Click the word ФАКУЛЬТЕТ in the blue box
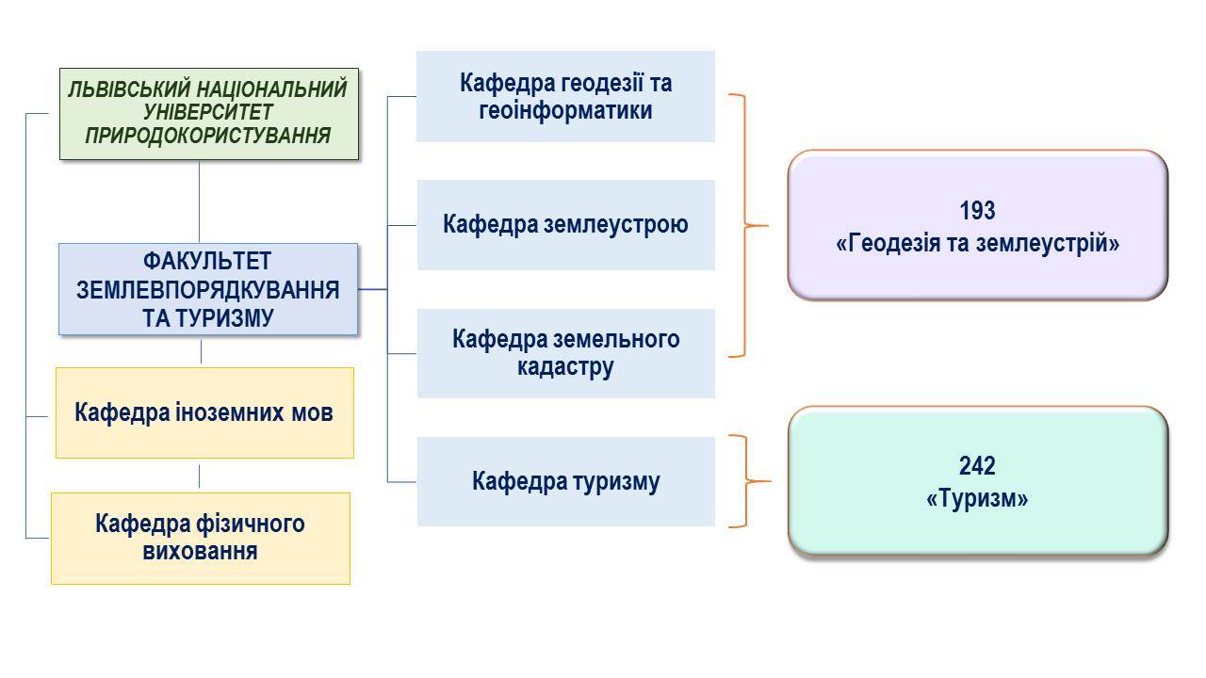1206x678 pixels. tap(206, 262)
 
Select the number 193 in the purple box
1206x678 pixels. tap(977, 210)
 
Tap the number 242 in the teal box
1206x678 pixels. tap(977, 465)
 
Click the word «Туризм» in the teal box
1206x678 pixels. tap(977, 499)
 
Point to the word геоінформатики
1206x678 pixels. tap(565, 111)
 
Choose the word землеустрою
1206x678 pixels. tap(616, 224)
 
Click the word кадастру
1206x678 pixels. tap(565, 367)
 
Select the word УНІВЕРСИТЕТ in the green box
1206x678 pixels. tap(208, 112)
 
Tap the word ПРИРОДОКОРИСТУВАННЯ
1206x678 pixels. tap(208, 135)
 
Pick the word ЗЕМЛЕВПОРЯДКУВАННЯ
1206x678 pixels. tap(208, 290)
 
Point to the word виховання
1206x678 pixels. tap(200, 552)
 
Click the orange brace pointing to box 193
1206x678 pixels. tap(745, 225)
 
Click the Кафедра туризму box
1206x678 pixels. tap(566, 481)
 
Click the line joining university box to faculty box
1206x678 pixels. tap(199, 202)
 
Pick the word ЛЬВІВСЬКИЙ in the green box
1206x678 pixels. tap(129, 89)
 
